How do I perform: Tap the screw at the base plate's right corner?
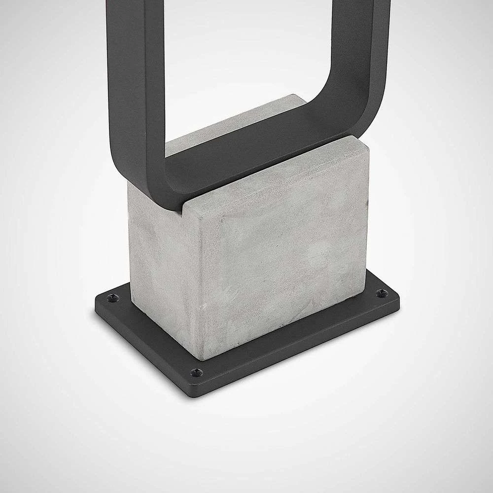point(380,293)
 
